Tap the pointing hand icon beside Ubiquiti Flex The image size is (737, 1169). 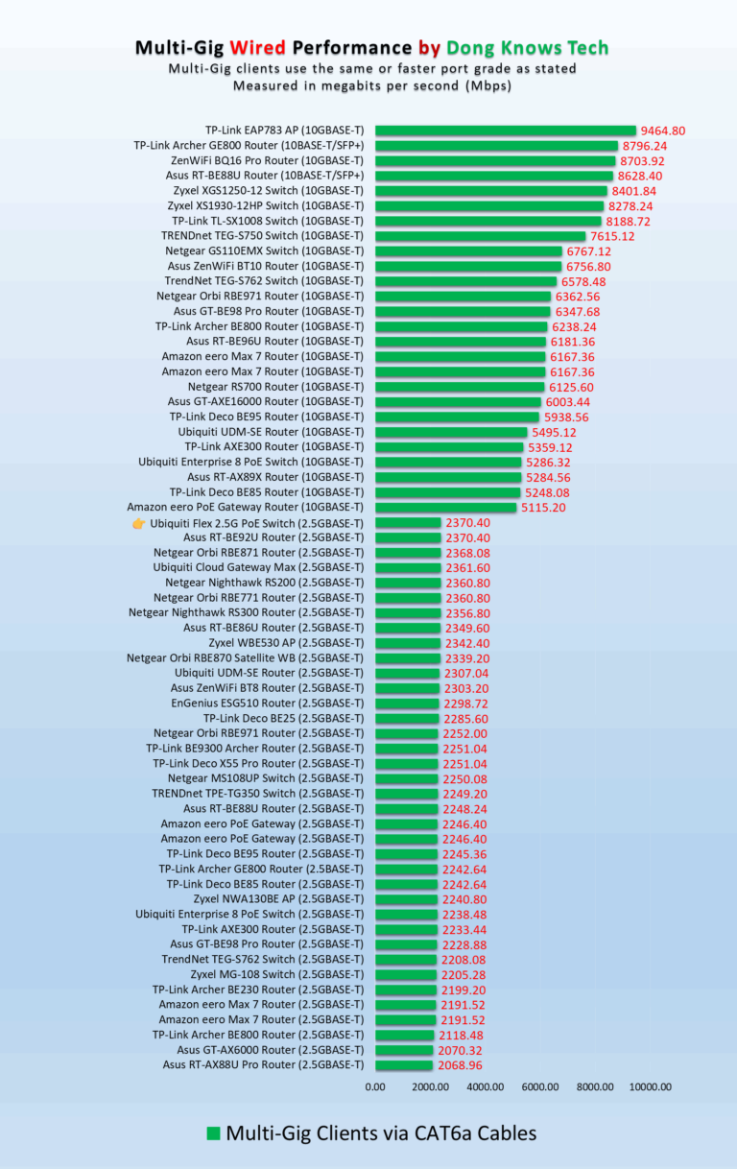(138, 523)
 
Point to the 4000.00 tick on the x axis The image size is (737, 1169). (485, 1087)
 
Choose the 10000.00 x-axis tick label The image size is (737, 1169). (650, 1087)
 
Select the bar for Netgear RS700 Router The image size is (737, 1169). (460, 387)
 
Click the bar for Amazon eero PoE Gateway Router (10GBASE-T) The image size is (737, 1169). (446, 507)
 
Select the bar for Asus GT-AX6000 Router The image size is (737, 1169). (404, 1050)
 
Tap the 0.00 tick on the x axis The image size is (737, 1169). (375, 1087)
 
